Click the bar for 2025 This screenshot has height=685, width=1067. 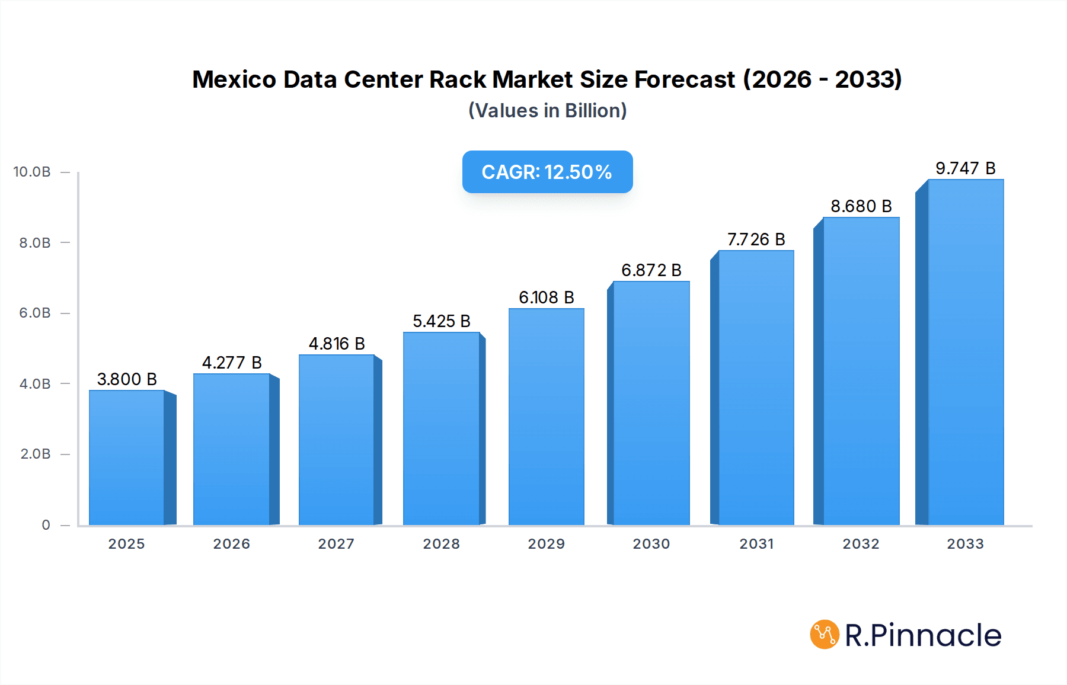[127, 457]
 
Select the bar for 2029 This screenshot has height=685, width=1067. [547, 417]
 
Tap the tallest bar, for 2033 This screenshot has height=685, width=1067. [966, 352]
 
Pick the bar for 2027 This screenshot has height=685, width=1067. [337, 440]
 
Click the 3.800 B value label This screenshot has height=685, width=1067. [127, 379]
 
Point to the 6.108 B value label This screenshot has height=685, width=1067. [547, 297]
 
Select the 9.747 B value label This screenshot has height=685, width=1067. [966, 168]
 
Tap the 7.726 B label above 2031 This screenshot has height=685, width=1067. [756, 239]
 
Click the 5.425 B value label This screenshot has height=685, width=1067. [442, 321]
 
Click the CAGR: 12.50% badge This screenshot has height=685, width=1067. [547, 172]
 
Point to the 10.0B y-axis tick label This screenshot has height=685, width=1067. [32, 172]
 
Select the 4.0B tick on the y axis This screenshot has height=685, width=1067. [35, 384]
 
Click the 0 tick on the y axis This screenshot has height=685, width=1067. [46, 525]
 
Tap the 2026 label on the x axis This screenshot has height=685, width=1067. [232, 544]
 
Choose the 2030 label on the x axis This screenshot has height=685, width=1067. [651, 544]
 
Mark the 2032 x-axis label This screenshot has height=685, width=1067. [861, 544]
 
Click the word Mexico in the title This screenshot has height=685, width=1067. [234, 79]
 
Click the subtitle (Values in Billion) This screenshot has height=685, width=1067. [547, 111]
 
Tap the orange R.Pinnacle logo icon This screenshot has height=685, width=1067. [825, 635]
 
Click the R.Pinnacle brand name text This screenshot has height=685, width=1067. [923, 635]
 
